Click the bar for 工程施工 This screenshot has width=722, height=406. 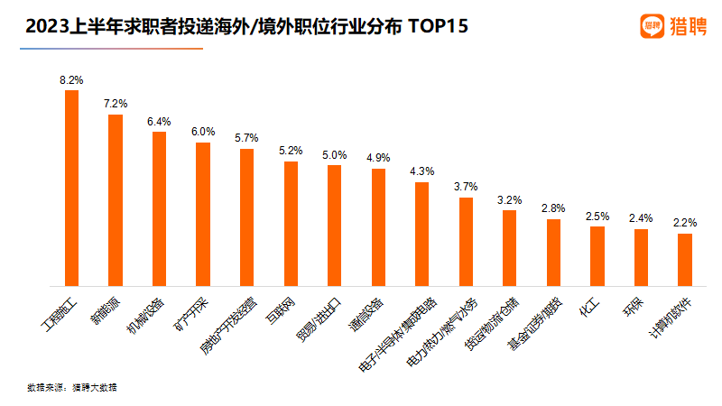(x=71, y=188)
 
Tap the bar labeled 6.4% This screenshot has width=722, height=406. (x=159, y=208)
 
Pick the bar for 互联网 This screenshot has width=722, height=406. (x=291, y=224)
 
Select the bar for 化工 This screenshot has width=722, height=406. (x=597, y=256)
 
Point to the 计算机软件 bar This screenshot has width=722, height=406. (x=684, y=260)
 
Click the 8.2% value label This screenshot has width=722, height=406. (x=71, y=80)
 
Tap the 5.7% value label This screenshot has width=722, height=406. (x=246, y=138)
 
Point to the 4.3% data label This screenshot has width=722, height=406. (x=421, y=171)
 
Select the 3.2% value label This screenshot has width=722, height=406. (x=509, y=199)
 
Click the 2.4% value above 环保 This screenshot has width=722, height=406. (x=641, y=217)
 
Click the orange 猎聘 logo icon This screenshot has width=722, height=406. (x=653, y=26)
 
